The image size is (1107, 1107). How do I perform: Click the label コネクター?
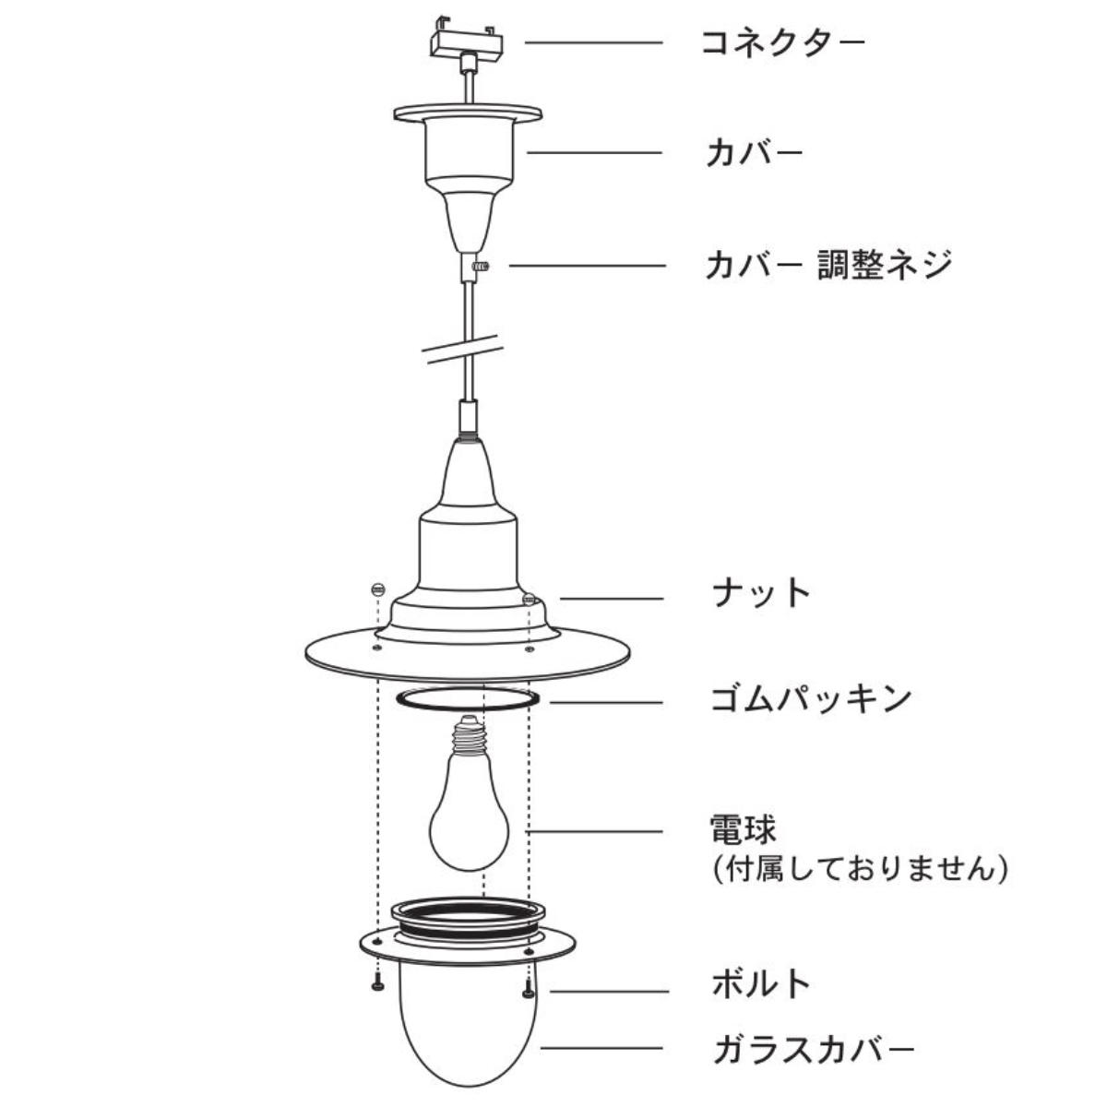click(782, 42)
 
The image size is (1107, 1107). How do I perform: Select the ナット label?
click(761, 593)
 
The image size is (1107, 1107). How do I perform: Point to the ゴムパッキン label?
click(811, 698)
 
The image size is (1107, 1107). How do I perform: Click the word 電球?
click(743, 830)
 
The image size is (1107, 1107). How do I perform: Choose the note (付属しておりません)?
click(860, 869)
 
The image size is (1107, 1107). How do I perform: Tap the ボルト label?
click(760, 983)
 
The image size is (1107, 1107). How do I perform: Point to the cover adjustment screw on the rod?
click(481, 266)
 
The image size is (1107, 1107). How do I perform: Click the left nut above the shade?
click(377, 589)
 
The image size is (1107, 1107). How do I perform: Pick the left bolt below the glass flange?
click(377, 983)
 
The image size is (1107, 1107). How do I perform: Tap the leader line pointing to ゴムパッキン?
click(607, 702)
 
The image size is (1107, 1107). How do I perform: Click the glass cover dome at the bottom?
click(469, 1030)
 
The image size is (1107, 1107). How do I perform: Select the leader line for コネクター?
click(594, 42)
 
